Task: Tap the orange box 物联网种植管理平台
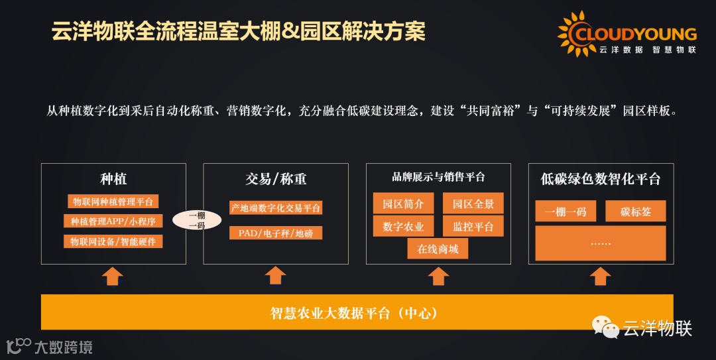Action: click(x=113, y=202)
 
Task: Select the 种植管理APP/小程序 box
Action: click(x=113, y=221)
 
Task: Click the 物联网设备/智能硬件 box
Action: click(x=113, y=241)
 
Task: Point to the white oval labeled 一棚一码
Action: click(x=197, y=219)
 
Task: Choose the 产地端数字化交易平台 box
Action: click(x=276, y=208)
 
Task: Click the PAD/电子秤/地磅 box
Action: click(x=276, y=233)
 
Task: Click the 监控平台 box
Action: click(x=473, y=226)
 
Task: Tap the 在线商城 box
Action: click(x=438, y=249)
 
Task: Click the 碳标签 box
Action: click(x=635, y=211)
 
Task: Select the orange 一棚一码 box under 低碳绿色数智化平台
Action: click(x=566, y=211)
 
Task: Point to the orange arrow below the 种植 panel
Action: click(x=113, y=276)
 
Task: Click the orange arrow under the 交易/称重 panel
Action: click(x=275, y=276)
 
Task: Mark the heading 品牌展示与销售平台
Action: click(x=438, y=177)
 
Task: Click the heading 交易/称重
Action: click(x=276, y=179)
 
